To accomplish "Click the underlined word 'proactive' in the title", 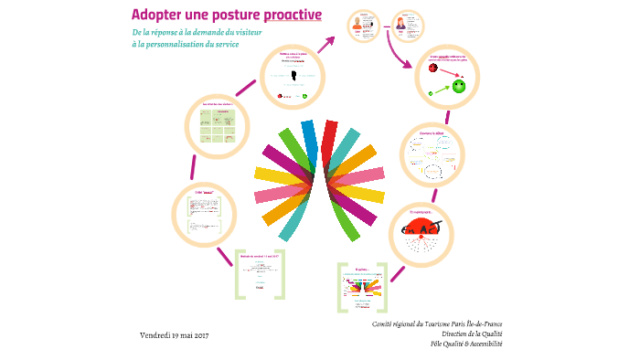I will tap(293, 15).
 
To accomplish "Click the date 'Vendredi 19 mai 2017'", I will tap(175, 335).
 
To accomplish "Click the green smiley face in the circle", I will tap(459, 86).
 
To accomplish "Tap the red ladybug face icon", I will tap(433, 67).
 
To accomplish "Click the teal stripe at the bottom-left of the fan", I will tap(290, 224).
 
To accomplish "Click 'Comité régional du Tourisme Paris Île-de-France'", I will tap(437, 323).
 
